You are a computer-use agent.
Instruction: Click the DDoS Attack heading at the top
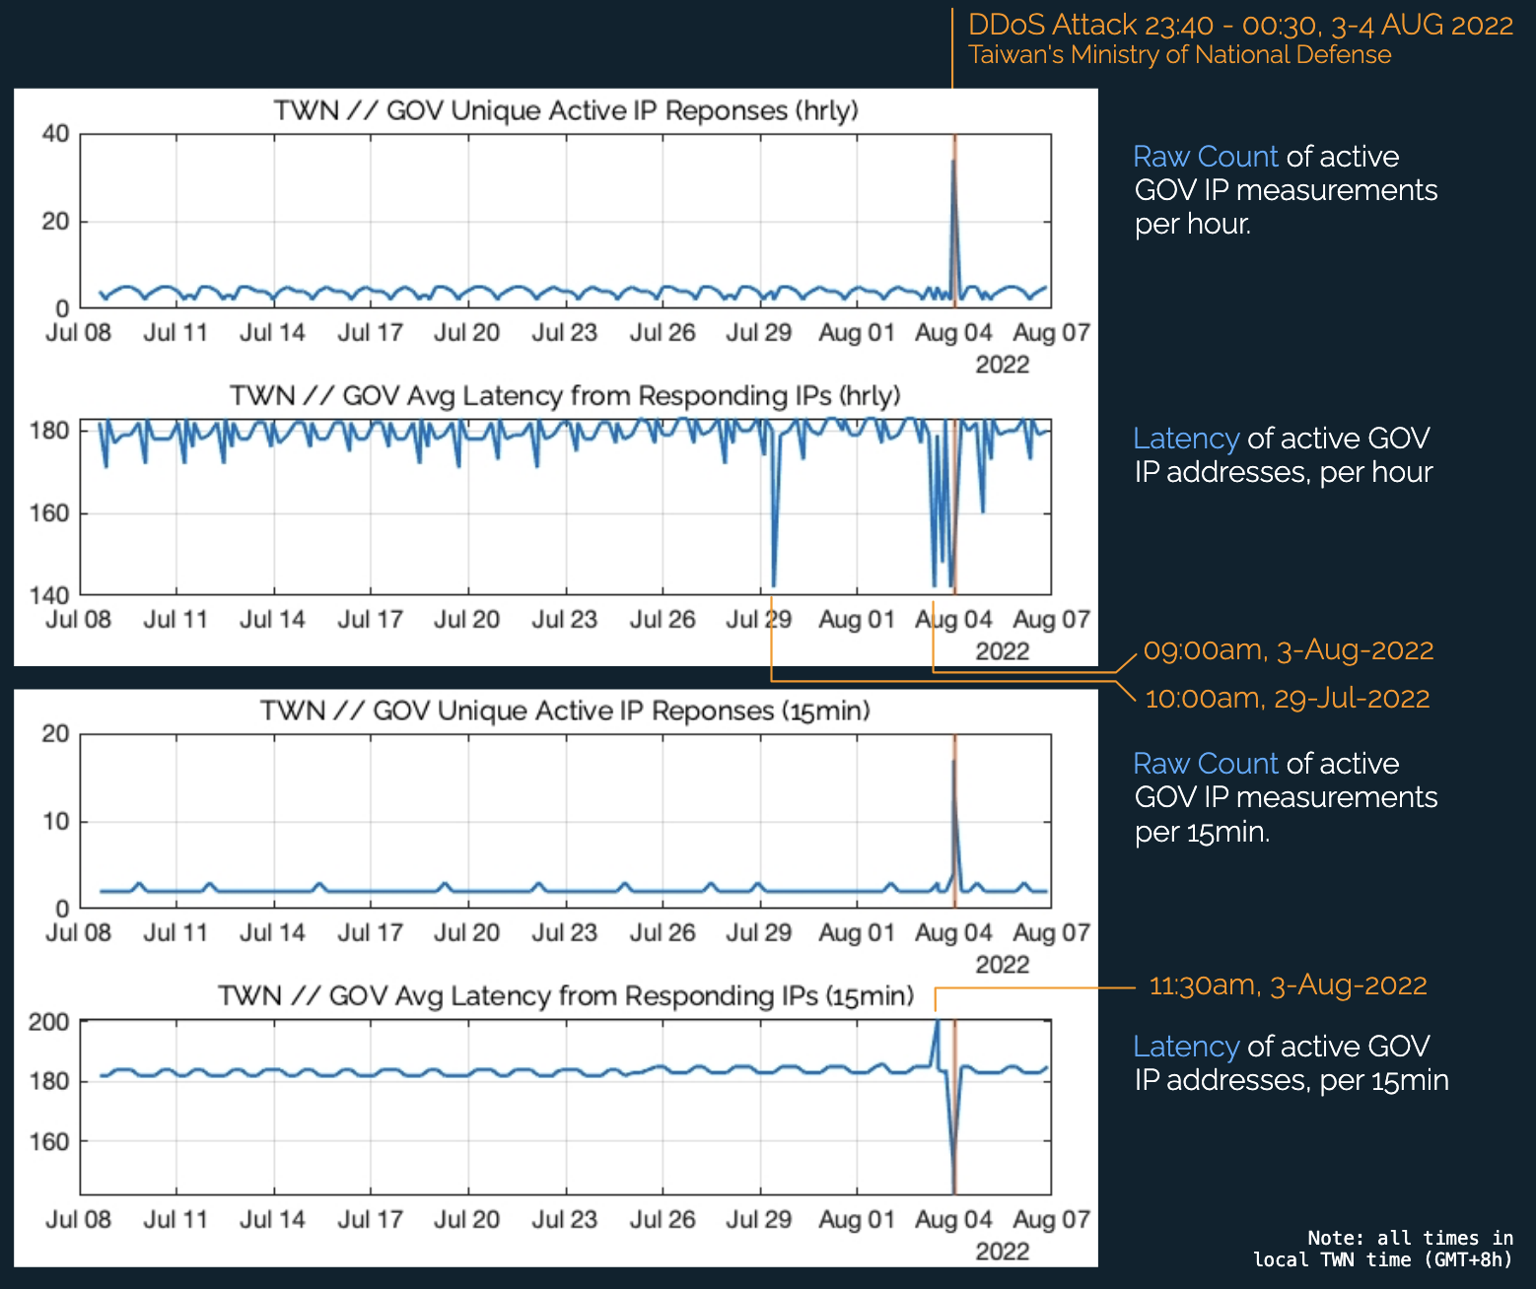tap(1240, 25)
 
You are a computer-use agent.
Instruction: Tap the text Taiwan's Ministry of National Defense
tap(1179, 55)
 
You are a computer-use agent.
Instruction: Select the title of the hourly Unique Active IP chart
tap(566, 110)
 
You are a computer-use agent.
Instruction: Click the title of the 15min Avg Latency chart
tap(566, 996)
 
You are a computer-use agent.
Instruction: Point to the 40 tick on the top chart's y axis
tap(55, 134)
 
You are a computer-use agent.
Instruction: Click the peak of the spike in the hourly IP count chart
tap(952, 162)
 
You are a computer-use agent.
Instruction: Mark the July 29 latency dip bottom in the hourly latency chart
tap(774, 585)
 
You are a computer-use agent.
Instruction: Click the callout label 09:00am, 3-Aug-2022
tap(1288, 650)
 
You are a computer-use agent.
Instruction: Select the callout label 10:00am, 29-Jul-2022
tap(1287, 699)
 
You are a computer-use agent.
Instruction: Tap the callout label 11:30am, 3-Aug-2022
tap(1288, 985)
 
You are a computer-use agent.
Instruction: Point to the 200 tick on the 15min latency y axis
tap(49, 1022)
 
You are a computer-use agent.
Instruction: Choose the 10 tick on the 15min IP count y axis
tap(55, 822)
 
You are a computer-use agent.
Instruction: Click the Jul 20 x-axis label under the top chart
tap(467, 333)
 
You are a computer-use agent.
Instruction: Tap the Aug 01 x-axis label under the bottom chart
tap(856, 1220)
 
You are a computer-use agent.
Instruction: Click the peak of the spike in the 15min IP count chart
tap(953, 761)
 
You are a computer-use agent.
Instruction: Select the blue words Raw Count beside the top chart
tap(1205, 157)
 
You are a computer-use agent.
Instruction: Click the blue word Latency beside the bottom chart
tap(1185, 1047)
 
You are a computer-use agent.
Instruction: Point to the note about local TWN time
tap(1382, 1249)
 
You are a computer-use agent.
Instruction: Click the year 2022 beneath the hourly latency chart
tap(1002, 651)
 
